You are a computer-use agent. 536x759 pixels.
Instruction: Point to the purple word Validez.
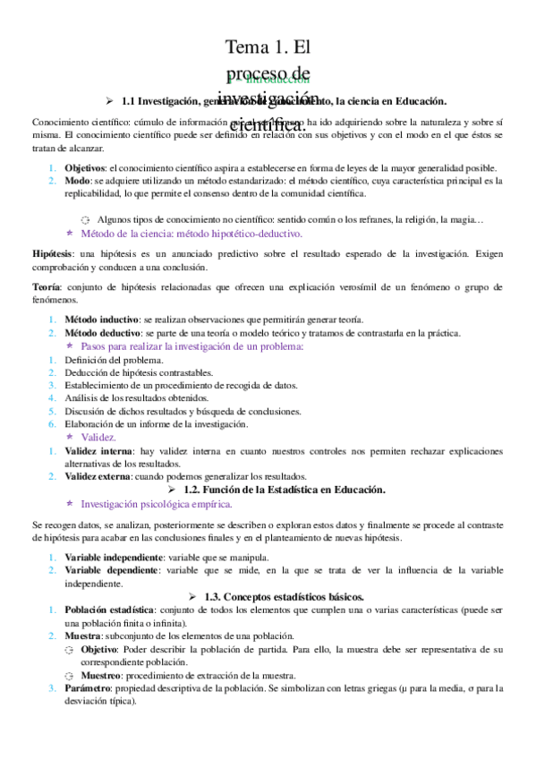[98, 437]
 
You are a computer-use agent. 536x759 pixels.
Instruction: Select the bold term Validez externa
[99, 476]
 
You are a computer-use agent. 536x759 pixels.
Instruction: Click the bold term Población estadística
[113, 609]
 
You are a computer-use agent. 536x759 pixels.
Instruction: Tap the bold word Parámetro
[89, 688]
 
